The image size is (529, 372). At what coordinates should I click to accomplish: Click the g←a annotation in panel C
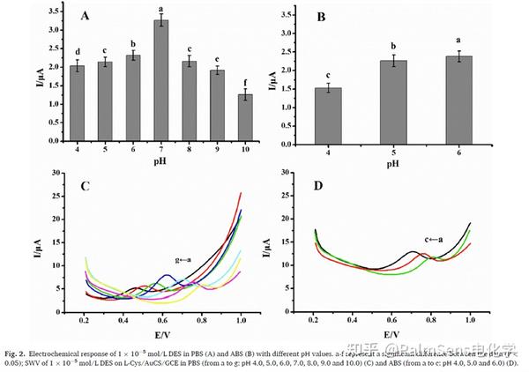tap(183, 261)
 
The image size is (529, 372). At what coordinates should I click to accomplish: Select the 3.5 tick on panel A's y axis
tap(56, 11)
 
